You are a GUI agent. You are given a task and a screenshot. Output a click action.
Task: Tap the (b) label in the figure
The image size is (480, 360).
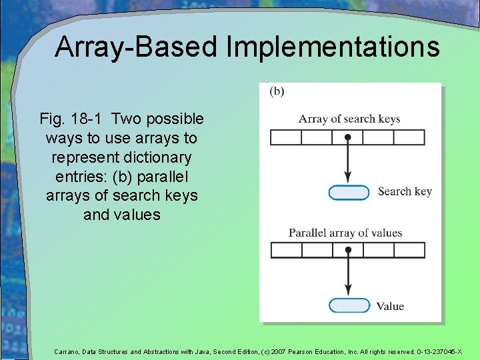(277, 92)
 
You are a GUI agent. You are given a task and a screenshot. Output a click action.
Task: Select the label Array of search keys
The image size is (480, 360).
(349, 119)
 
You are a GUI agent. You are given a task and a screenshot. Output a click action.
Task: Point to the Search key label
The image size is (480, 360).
(405, 192)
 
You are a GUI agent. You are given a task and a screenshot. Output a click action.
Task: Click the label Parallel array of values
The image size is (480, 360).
(345, 233)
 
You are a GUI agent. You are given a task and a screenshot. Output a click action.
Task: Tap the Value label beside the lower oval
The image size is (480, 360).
(390, 307)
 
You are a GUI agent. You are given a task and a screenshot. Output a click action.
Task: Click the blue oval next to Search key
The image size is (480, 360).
(349, 193)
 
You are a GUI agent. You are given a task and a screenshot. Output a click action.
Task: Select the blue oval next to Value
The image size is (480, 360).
(349, 306)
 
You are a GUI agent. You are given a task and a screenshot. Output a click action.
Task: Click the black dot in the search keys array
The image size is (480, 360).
(347, 137)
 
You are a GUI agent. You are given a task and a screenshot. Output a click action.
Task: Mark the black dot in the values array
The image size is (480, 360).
(347, 250)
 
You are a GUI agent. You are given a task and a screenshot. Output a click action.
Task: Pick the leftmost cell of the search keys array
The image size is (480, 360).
(285, 137)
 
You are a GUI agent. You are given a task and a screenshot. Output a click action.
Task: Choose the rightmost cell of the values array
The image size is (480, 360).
(409, 250)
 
